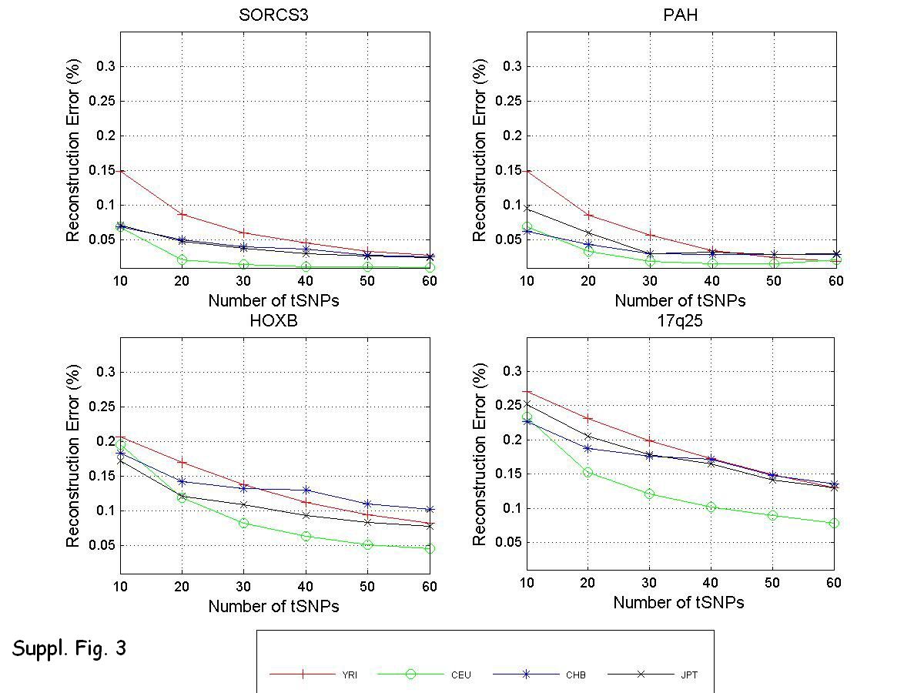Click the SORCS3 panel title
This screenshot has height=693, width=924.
click(x=273, y=16)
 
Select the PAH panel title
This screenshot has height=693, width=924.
click(x=680, y=16)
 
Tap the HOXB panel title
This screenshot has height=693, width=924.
click(x=273, y=322)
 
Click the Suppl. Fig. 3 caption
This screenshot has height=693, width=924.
click(x=69, y=648)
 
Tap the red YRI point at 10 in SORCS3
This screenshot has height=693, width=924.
click(x=121, y=170)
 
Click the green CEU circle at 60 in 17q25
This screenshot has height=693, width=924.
click(x=834, y=523)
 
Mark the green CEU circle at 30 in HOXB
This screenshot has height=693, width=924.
click(x=244, y=523)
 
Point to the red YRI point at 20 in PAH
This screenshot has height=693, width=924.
click(x=588, y=215)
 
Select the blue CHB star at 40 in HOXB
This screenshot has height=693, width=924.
click(x=306, y=490)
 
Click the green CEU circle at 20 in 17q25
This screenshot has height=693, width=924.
click(x=588, y=472)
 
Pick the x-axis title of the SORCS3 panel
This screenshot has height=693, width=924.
click(x=273, y=300)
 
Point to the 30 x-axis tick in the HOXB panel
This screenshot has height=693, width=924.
click(x=244, y=587)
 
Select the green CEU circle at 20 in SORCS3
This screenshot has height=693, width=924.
click(x=182, y=260)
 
